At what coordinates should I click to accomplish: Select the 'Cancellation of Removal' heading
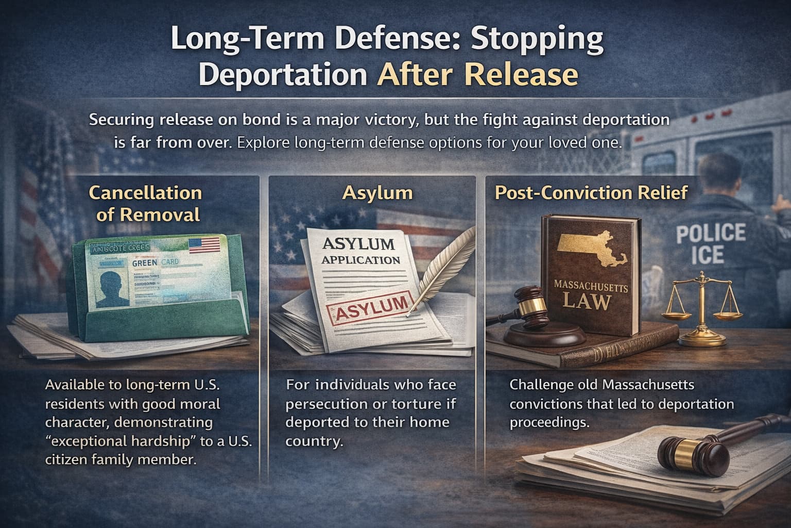[x=146, y=203]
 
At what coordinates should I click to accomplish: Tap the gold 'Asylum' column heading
[x=377, y=193]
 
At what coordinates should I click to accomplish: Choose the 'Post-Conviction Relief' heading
[x=591, y=193]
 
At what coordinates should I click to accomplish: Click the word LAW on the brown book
[x=587, y=300]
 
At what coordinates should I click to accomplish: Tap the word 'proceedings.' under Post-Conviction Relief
[x=549, y=422]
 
